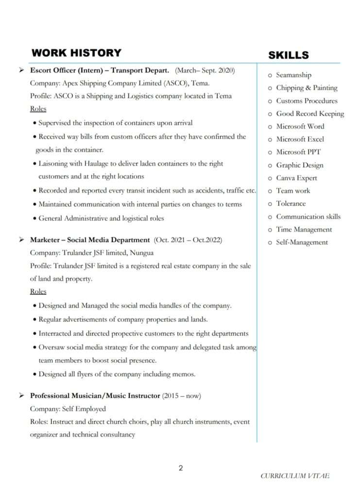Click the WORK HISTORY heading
tap(76, 53)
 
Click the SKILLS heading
tap(289, 55)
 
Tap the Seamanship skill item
tap(293, 75)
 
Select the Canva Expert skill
tap(296, 178)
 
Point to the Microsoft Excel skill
tap(300, 139)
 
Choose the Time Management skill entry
tap(304, 230)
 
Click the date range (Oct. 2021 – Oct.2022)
tap(188, 240)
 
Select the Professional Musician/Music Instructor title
tap(95, 396)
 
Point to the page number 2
tap(181, 468)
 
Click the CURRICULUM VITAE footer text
tap(295, 476)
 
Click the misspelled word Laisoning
tap(55, 164)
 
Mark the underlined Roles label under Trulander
tap(38, 292)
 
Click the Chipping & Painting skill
tap(307, 88)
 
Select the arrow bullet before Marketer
tap(22, 240)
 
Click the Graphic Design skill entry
tap(299, 166)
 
